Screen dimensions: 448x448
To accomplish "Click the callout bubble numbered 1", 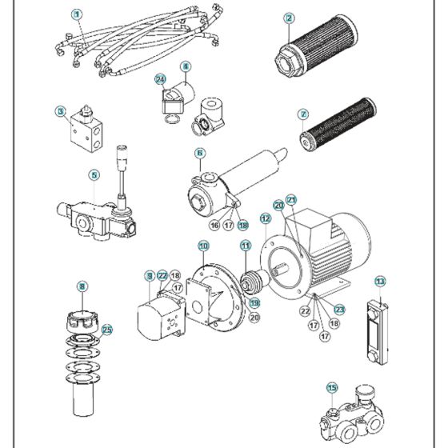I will [x=77, y=14].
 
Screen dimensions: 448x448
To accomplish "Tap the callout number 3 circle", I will [x=60, y=111].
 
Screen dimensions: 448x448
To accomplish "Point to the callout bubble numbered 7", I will [x=302, y=114].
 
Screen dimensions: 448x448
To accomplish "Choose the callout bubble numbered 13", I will [x=380, y=281].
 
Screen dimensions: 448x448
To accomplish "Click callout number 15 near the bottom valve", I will [x=332, y=388].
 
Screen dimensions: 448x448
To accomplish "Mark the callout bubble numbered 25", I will [x=107, y=329].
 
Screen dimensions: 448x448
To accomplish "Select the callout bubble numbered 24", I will [x=160, y=80].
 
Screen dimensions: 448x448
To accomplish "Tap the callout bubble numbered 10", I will [x=203, y=246].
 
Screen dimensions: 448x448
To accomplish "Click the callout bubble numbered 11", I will [x=246, y=246].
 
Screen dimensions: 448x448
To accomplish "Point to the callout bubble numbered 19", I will [x=254, y=303].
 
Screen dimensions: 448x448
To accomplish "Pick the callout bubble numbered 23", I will [x=339, y=310].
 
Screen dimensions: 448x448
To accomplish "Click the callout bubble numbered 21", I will [x=291, y=199].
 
